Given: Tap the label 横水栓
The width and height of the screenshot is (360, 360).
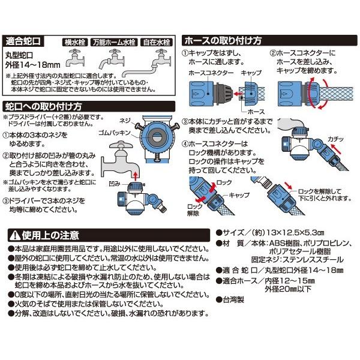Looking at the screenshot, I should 75,43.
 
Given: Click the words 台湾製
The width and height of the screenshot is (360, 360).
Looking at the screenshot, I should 233,299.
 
